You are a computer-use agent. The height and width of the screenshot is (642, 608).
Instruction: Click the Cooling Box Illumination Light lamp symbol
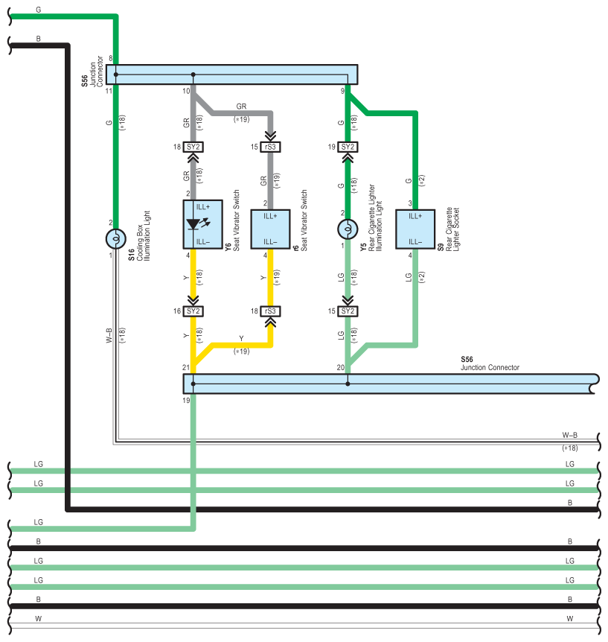pyautogui.click(x=115, y=238)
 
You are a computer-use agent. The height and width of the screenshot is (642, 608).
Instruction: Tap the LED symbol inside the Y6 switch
pyautogui.click(x=194, y=223)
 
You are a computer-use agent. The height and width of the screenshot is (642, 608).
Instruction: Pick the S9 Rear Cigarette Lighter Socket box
pyautogui.click(x=415, y=229)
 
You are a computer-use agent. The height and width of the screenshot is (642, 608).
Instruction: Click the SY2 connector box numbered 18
pyautogui.click(x=194, y=147)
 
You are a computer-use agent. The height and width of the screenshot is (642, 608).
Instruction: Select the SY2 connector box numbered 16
pyautogui.click(x=194, y=311)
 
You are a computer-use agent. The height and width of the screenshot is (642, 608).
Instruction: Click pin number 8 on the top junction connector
pyautogui.click(x=110, y=58)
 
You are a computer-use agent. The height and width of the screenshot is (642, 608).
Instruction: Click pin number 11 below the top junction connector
pyautogui.click(x=109, y=91)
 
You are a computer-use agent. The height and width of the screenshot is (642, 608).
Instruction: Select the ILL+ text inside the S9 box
pyautogui.click(x=415, y=216)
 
